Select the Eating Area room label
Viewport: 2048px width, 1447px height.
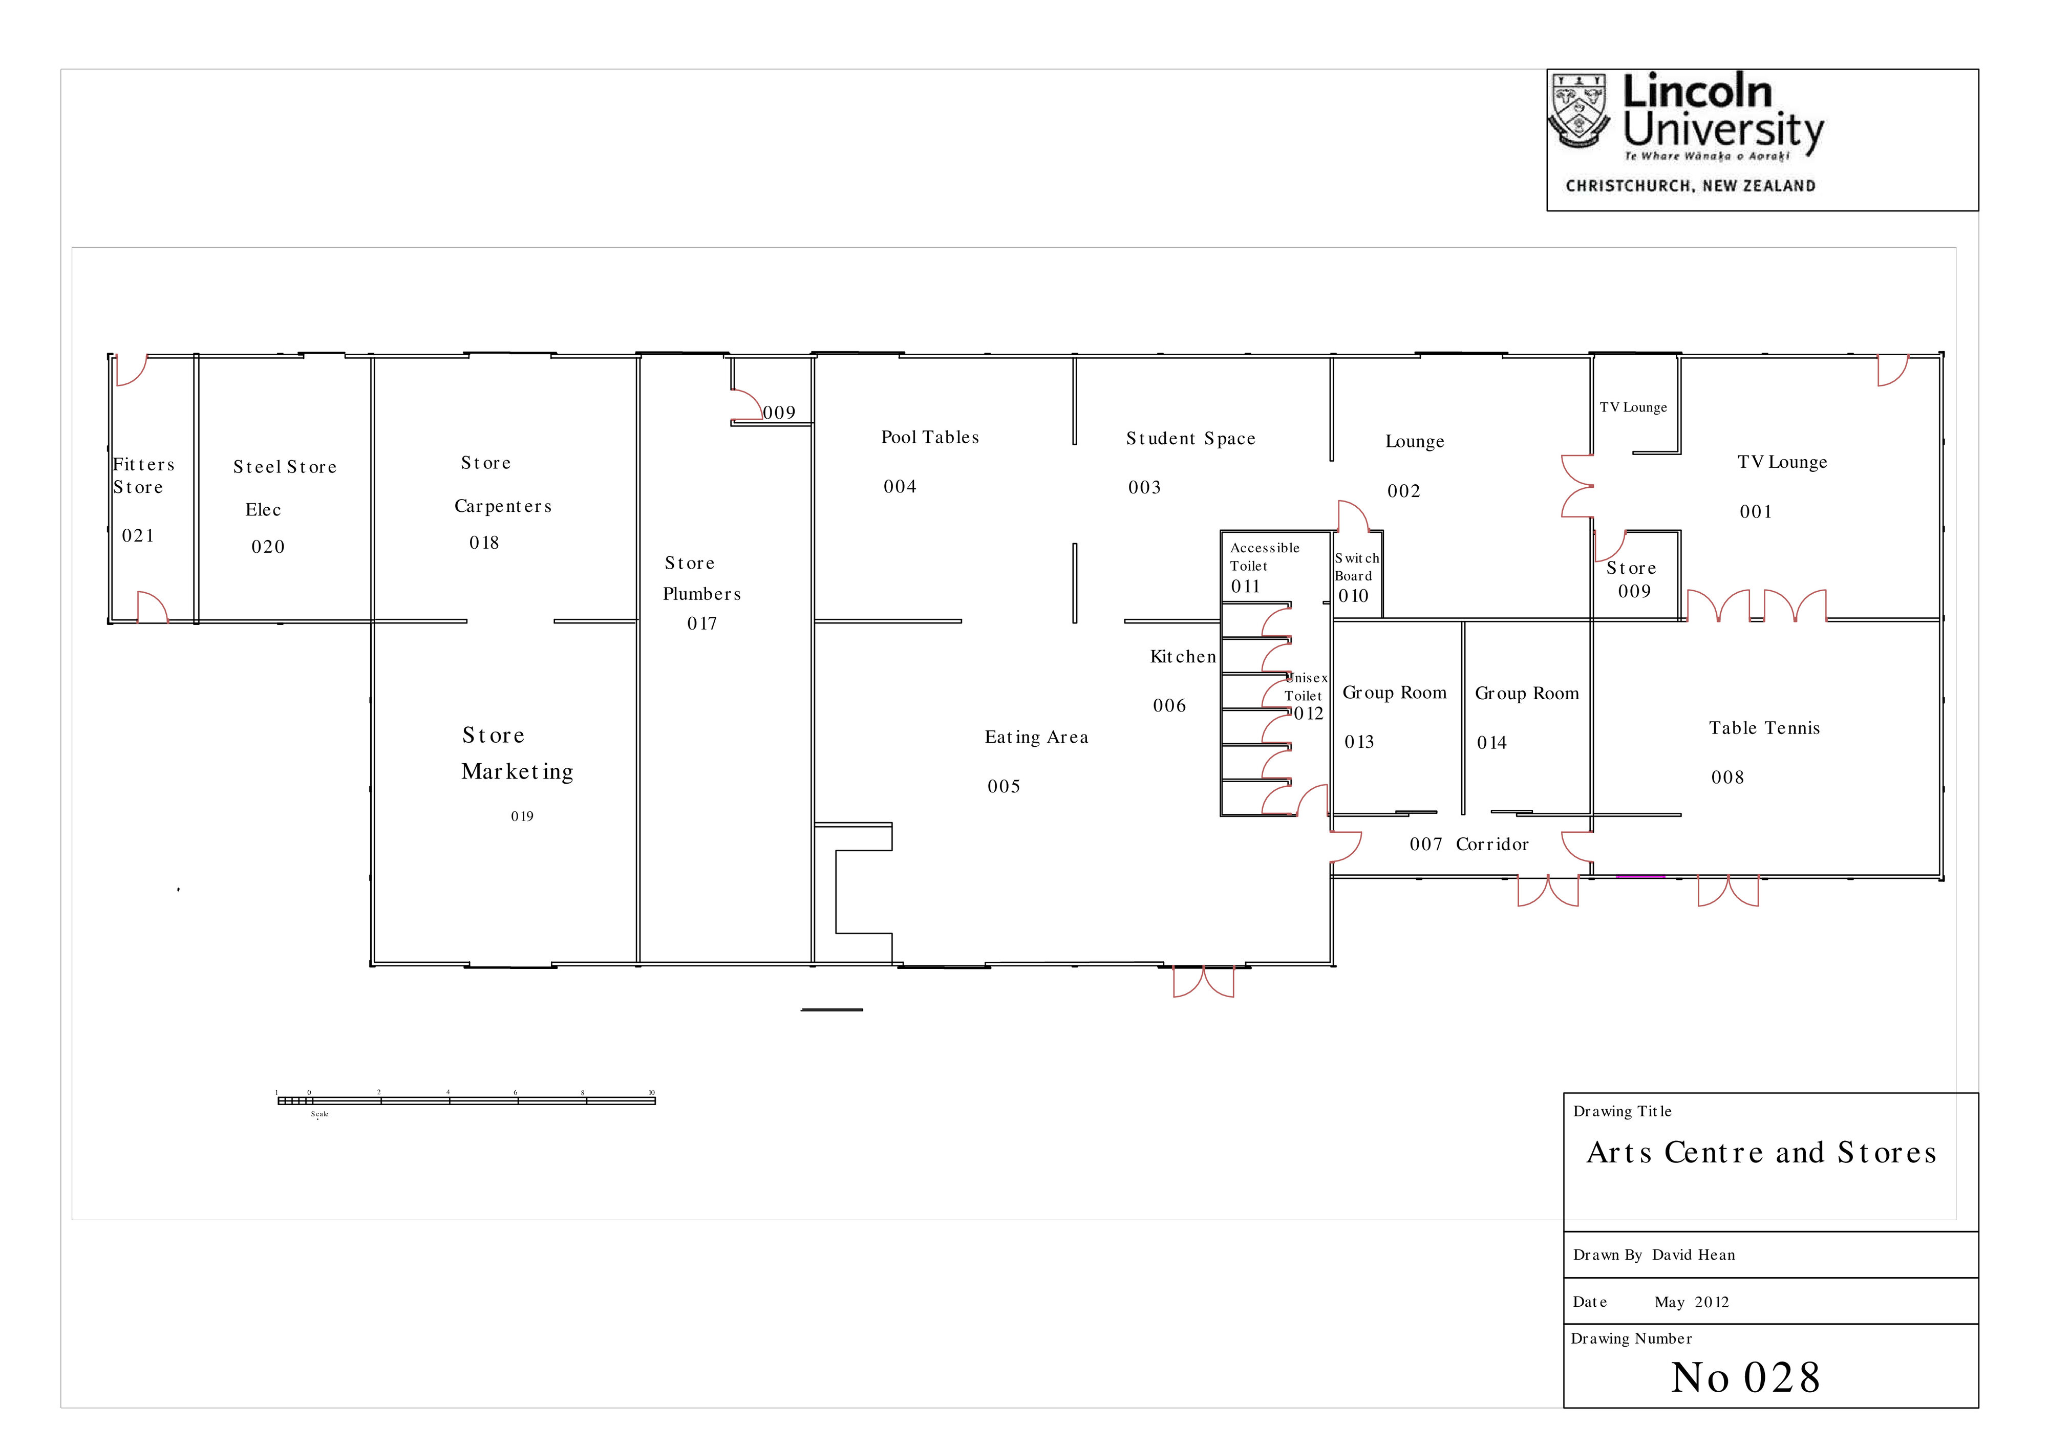1036,737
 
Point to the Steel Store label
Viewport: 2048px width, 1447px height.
285,467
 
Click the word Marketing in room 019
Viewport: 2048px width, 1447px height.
517,772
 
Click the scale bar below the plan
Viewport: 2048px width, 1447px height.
466,1100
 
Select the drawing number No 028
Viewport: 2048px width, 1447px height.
1745,1377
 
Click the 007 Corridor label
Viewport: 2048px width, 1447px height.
1468,845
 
